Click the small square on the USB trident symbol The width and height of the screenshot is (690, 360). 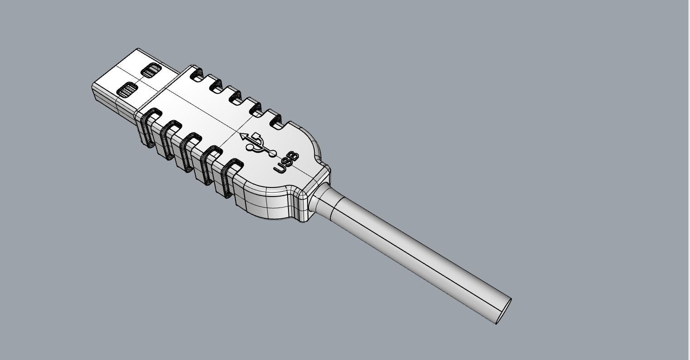coord(257,136)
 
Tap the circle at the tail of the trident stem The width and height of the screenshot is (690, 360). coord(273,153)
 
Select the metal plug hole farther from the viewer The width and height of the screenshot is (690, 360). coord(151,70)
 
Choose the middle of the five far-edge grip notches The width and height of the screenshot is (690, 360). coord(235,97)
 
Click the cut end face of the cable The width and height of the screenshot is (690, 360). coord(504,311)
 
